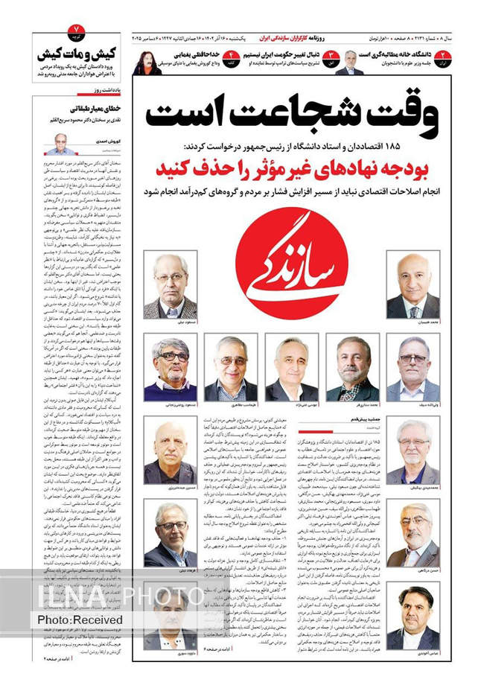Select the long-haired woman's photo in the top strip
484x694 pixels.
pos(146,62)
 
